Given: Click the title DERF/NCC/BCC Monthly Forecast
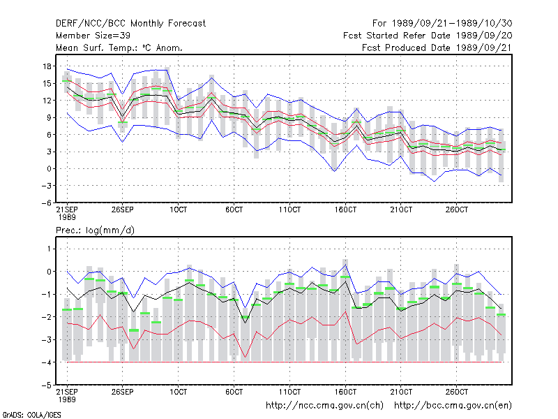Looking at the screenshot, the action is (130, 24).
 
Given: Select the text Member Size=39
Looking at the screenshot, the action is (93, 36).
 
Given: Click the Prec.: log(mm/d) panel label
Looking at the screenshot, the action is (95, 230).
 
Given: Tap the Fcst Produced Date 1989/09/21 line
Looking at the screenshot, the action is (437, 47).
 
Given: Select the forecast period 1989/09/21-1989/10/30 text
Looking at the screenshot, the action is (452, 24).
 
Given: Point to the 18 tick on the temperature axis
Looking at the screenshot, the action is (47, 66).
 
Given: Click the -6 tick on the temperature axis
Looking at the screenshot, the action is (46, 203).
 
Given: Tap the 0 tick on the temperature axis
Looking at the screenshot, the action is (49, 169).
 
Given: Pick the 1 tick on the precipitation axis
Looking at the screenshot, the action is (49, 249).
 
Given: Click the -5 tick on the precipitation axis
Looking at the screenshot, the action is (46, 385).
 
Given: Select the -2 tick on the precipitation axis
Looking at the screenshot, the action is (46, 317).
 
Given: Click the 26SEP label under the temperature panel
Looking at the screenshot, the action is (123, 209).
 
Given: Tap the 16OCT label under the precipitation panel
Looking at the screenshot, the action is (345, 392).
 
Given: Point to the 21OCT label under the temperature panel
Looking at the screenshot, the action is (401, 209).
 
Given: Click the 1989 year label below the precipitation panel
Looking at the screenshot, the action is (67, 399).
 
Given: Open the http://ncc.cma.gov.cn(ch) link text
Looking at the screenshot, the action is (324, 406).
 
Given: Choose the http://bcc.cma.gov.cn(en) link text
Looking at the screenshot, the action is (453, 406).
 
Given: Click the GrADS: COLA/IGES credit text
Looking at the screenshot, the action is (31, 415).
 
